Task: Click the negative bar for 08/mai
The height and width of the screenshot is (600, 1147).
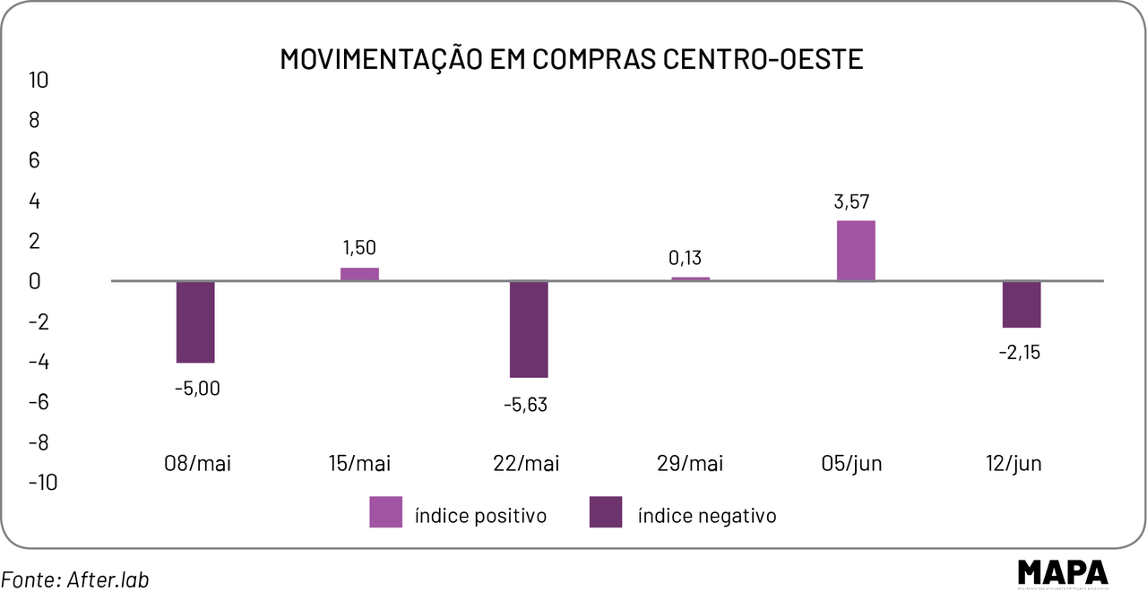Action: coord(195,321)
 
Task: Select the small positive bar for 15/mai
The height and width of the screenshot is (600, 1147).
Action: coord(359,274)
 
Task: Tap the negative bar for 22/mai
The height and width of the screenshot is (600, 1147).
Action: coord(529,329)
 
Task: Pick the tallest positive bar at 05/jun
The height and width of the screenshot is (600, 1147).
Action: coord(856,251)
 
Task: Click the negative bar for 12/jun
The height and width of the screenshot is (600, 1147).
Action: coord(1022,304)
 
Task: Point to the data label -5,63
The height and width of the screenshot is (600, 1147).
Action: coord(524,405)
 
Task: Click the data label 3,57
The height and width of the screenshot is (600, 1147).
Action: coord(852,202)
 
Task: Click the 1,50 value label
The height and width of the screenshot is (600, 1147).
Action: coord(359,248)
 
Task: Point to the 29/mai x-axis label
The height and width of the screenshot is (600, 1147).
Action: coord(690,464)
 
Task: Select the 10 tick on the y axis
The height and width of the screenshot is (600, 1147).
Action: coord(39,80)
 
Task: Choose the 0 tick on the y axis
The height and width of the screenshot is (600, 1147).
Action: coord(34,281)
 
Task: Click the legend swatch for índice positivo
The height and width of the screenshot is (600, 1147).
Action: coord(385,511)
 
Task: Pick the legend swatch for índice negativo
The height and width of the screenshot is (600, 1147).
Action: coord(606,511)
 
